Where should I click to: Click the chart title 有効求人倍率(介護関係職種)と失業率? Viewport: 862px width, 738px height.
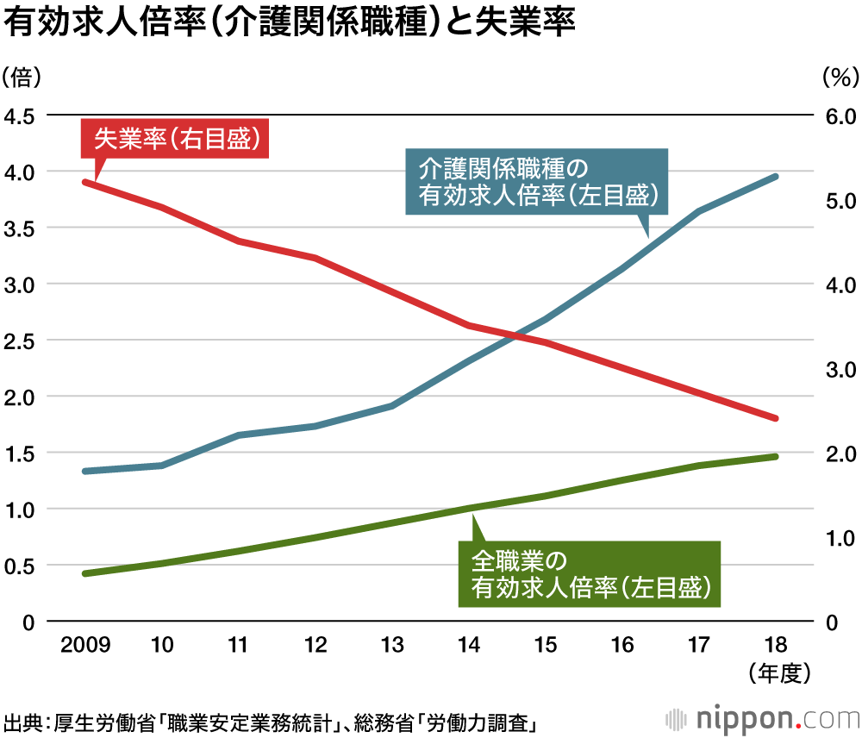tap(290, 23)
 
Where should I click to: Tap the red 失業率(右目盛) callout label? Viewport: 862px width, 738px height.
tap(175, 138)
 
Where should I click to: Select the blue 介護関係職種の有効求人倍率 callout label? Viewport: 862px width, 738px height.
tap(536, 181)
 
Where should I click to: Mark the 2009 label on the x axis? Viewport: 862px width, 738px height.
tap(84, 644)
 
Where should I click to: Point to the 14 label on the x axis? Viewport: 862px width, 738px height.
tap(469, 644)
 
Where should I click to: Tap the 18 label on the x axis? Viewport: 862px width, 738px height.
tap(775, 644)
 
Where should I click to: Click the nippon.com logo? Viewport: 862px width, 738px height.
tap(762, 718)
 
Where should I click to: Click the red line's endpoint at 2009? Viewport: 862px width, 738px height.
tap(84, 182)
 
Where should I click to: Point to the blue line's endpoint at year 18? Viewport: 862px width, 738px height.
tap(775, 177)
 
